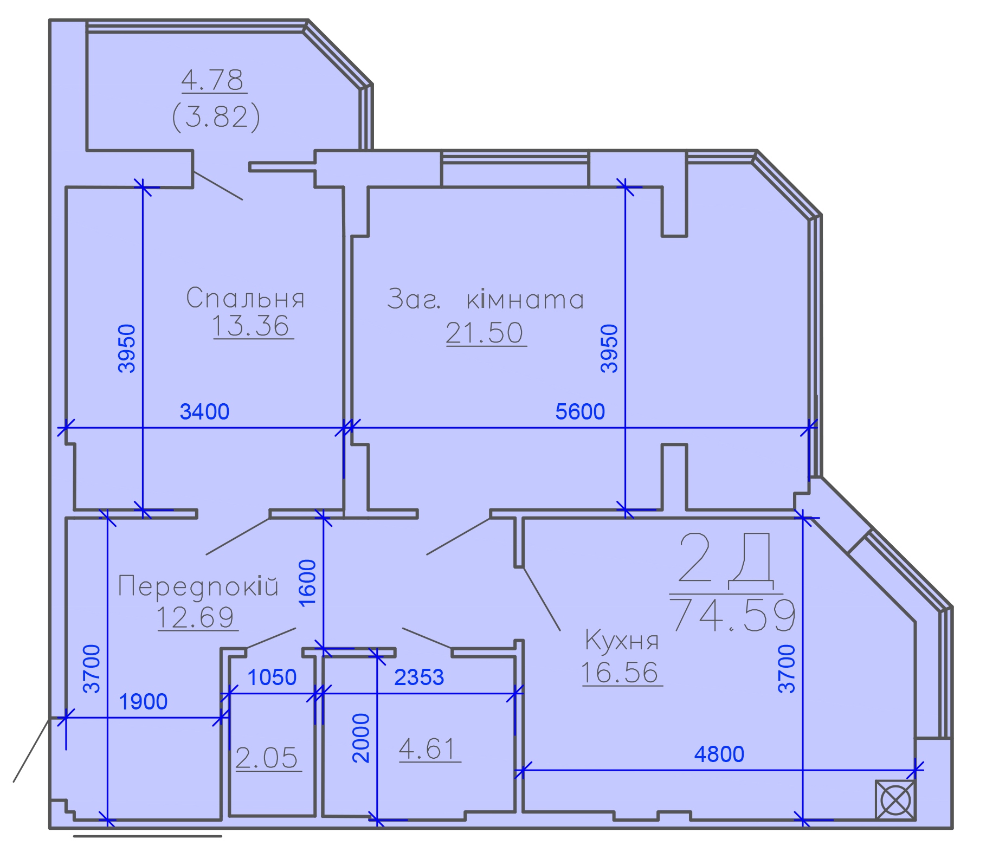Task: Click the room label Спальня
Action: point(245,298)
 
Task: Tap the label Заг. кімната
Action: point(486,299)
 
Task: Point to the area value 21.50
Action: point(485,332)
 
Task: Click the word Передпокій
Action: point(198,586)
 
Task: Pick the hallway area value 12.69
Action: point(196,617)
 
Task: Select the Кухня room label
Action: point(622,641)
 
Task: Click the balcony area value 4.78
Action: point(212,80)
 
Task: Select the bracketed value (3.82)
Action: point(216,117)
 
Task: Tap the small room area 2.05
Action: point(267,758)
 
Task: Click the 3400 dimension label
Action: point(204,412)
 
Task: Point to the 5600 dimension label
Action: point(580,412)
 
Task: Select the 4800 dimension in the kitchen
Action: point(719,754)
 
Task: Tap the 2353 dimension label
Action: point(419,677)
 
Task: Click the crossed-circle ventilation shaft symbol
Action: point(895,800)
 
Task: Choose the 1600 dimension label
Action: point(307,583)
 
